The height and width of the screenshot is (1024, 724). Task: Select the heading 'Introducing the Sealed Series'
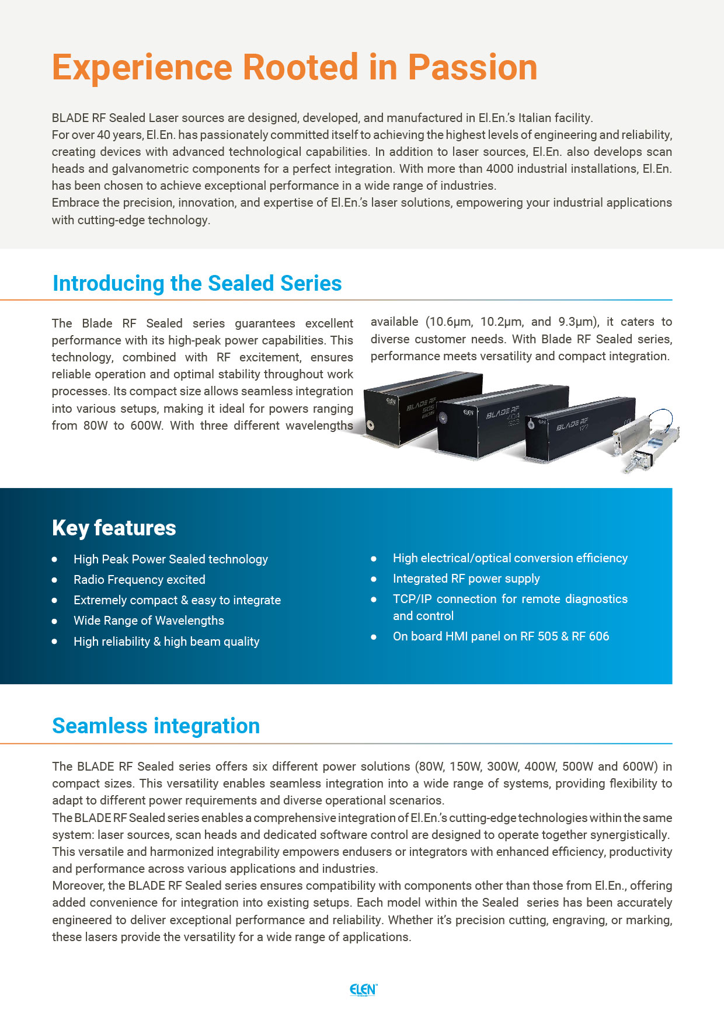click(197, 284)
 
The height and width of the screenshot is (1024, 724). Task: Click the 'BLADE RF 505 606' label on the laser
click(422, 407)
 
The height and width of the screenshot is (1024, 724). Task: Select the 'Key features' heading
click(114, 528)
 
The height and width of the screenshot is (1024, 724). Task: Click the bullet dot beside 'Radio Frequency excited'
click(54, 580)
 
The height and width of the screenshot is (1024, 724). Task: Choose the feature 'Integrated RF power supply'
click(466, 579)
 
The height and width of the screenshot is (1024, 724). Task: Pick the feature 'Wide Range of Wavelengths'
click(148, 621)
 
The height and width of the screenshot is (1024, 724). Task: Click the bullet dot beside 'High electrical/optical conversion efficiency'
click(374, 559)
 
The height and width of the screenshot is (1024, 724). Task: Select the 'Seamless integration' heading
click(156, 726)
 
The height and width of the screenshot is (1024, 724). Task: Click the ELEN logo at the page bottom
click(363, 990)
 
